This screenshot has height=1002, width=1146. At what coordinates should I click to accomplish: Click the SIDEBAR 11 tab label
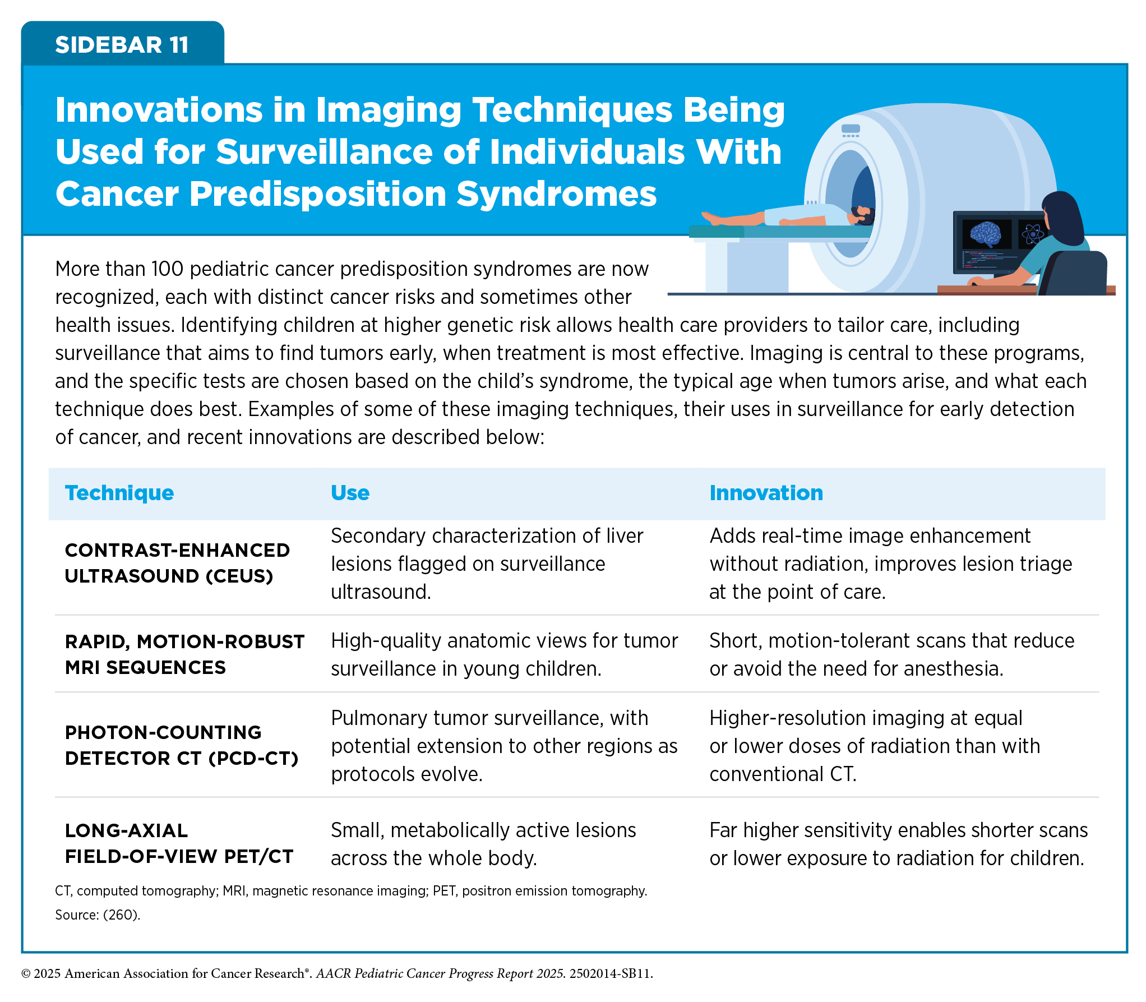point(122,45)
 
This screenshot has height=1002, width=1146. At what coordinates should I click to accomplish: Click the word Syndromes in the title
point(556,194)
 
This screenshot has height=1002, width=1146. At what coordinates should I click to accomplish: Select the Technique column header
point(119,493)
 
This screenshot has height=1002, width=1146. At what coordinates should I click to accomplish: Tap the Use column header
point(350,493)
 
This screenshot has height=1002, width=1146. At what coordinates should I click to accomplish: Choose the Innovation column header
point(766,493)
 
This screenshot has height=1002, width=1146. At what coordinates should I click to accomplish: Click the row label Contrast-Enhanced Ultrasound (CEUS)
point(177,563)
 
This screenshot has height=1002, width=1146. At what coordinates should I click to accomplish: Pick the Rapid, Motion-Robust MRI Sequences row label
point(184,654)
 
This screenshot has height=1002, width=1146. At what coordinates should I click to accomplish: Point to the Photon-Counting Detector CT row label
point(182,745)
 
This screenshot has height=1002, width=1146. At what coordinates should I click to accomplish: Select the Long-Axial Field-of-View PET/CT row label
point(179,843)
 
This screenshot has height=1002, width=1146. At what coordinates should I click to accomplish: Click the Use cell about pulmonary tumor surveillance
point(504,746)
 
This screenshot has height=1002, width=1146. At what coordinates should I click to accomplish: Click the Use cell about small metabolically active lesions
point(483,844)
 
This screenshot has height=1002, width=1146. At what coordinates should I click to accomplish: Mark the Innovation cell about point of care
point(890,564)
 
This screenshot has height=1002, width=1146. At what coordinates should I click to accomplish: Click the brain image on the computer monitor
point(985,234)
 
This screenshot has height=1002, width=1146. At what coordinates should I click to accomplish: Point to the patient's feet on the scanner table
point(711,218)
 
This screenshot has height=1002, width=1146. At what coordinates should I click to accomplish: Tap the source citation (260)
point(121,915)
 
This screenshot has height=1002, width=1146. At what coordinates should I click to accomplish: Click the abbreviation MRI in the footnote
point(234,891)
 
